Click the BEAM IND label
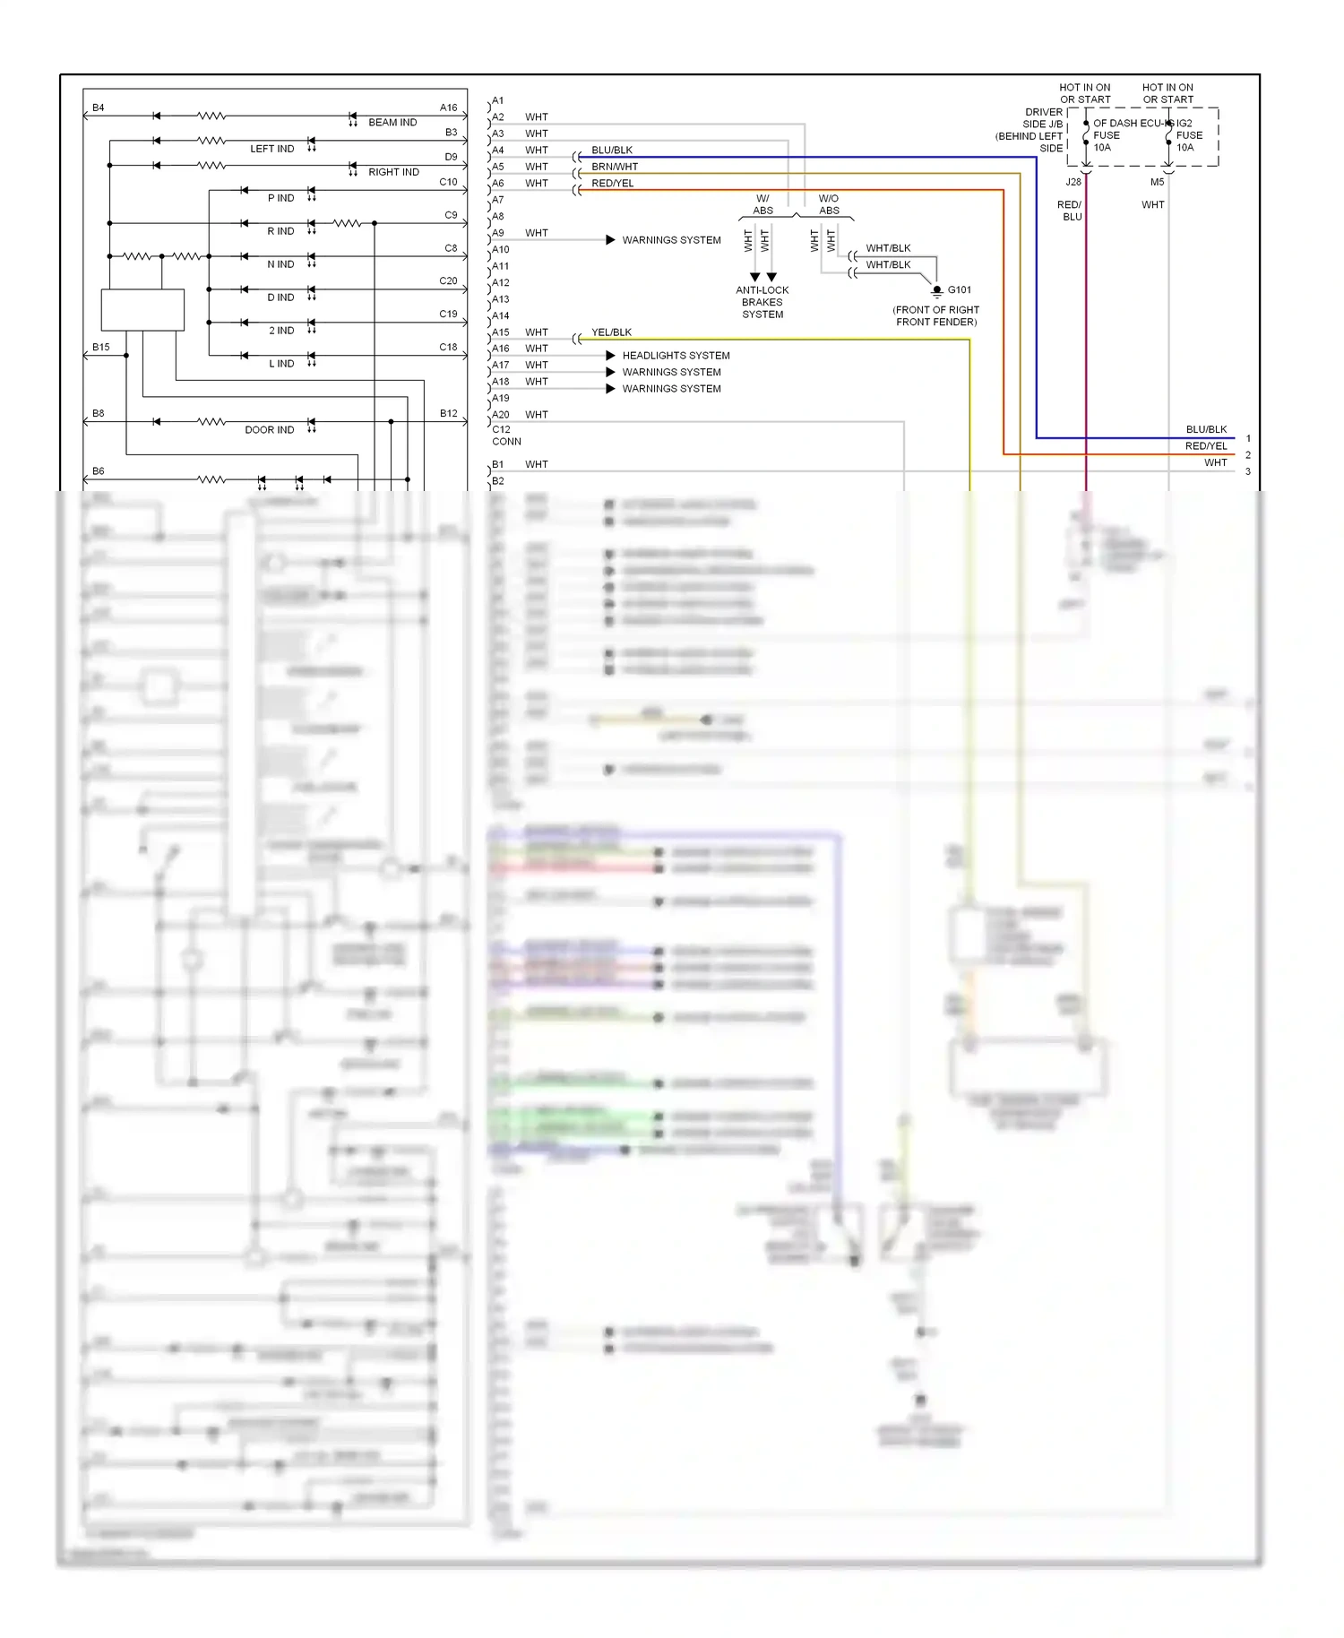(x=392, y=123)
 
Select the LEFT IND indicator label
(x=271, y=149)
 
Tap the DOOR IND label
(x=269, y=430)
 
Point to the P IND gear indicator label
(x=280, y=198)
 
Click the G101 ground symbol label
(x=959, y=290)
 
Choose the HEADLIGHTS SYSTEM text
(x=676, y=356)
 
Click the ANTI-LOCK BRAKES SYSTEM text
(x=762, y=303)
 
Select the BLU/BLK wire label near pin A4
(x=612, y=151)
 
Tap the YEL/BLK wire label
(x=611, y=332)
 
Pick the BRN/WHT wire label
(x=615, y=167)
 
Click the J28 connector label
(x=1073, y=182)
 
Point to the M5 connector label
(x=1157, y=182)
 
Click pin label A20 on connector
(x=500, y=415)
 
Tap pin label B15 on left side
(x=100, y=347)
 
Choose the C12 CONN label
(x=505, y=435)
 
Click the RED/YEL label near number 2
(x=1206, y=446)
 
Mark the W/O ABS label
(x=829, y=205)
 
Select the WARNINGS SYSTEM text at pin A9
(x=671, y=240)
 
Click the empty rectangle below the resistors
(x=142, y=310)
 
